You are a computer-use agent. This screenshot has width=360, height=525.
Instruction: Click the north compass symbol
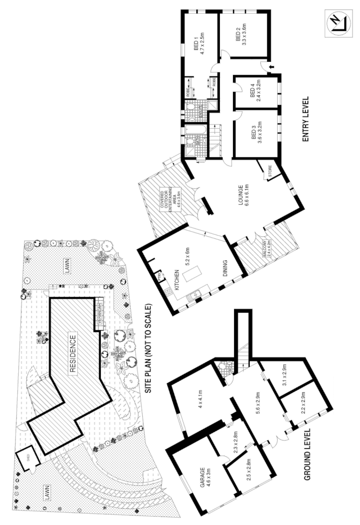pyautogui.click(x=335, y=24)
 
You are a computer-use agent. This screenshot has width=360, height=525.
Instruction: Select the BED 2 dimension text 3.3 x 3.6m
pyautogui.click(x=245, y=36)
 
